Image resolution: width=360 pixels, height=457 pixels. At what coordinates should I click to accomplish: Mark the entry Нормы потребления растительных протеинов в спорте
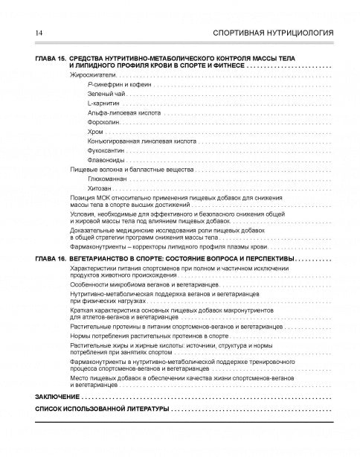pyautogui.click(x=141, y=336)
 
